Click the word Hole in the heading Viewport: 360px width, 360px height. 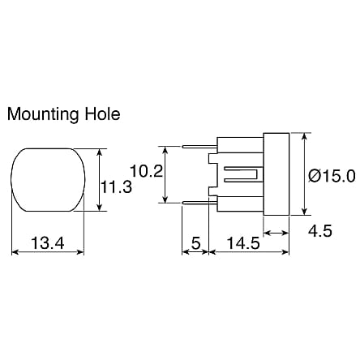click(102, 114)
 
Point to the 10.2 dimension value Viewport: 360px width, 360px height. click(147, 172)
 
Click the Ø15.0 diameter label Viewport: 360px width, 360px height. click(331, 174)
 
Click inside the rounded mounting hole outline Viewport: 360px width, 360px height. click(49, 179)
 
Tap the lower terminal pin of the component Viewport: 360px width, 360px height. click(199, 203)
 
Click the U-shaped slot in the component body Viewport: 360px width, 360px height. click(241, 174)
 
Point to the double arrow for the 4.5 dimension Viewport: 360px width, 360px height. click(277, 233)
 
